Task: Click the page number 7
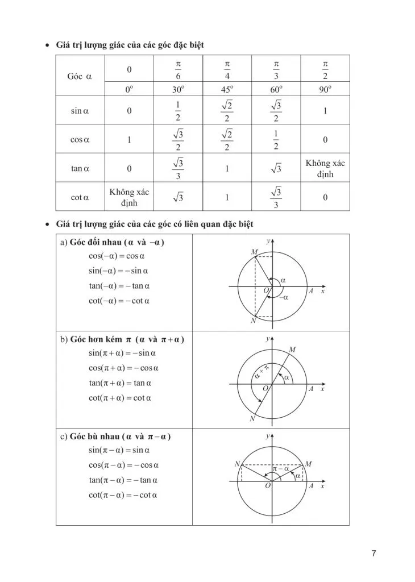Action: (374, 553)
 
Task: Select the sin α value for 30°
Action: (178, 111)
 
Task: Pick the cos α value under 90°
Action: (325, 139)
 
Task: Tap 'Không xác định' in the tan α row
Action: (325, 168)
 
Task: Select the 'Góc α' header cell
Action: (80, 76)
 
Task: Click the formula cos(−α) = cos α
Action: (117, 256)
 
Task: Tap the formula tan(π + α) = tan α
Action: (119, 383)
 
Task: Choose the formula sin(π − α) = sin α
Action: (119, 450)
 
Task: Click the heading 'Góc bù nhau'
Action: (94, 436)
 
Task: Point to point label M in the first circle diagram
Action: (254, 251)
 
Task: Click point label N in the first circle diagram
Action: (253, 321)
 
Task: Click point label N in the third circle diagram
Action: (237, 464)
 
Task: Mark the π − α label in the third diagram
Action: (281, 469)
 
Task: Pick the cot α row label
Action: (80, 197)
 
